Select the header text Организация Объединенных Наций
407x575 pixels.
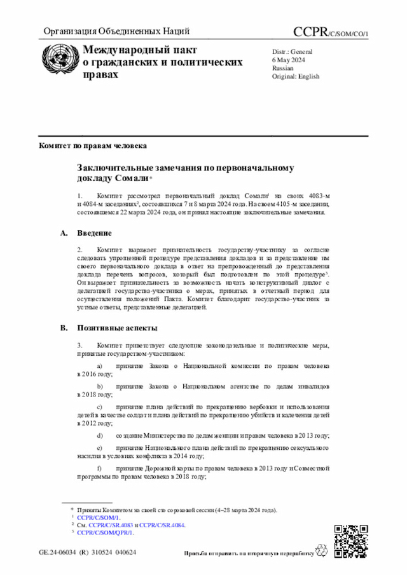[x=116, y=32]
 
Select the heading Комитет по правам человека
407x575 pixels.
[x=93, y=145]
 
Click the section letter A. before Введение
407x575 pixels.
[x=64, y=233]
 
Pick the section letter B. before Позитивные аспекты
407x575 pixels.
[x=64, y=328]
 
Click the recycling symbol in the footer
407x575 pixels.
[x=326, y=553]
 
